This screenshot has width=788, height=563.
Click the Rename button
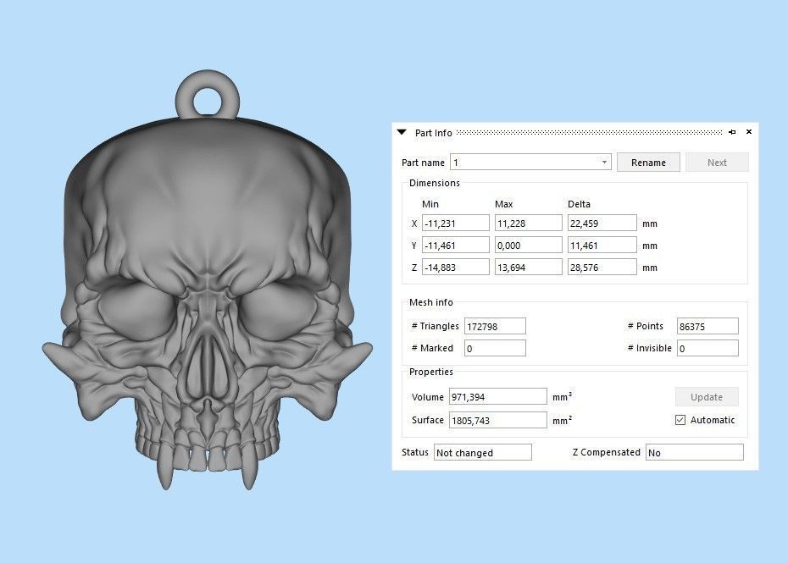coord(648,163)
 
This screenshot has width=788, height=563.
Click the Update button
coord(707,396)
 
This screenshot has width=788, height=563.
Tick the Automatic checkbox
coord(680,420)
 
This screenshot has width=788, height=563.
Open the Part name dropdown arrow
coord(604,163)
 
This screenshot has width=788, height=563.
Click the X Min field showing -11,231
coord(455,224)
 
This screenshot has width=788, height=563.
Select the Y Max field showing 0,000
coord(528,246)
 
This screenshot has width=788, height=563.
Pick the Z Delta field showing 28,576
coord(601,268)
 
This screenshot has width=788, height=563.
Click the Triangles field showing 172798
coord(495,326)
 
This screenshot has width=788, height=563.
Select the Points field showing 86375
coord(708,326)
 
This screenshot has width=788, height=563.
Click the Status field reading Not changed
coord(482,453)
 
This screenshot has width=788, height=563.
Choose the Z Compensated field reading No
coord(694,453)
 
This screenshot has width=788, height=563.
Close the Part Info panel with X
coord(749,132)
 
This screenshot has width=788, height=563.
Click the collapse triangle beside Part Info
coord(402,132)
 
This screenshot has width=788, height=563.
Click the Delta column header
coord(579,204)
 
